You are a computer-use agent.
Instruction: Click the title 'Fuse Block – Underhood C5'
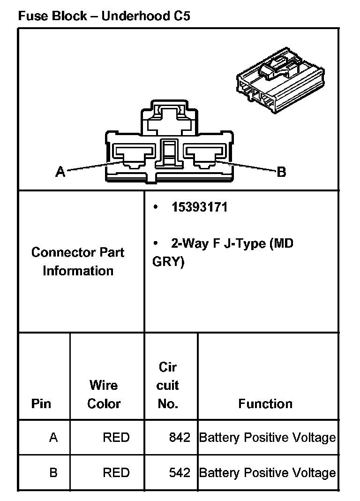click(x=104, y=16)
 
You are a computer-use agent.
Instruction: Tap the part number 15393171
click(x=199, y=207)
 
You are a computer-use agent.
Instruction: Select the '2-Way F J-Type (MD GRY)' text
click(x=223, y=252)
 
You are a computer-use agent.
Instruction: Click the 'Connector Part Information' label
click(x=78, y=261)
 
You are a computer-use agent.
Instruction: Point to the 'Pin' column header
click(x=41, y=403)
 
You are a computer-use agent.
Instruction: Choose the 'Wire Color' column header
click(x=104, y=394)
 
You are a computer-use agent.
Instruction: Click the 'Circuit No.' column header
click(x=167, y=385)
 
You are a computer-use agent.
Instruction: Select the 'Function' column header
click(x=265, y=403)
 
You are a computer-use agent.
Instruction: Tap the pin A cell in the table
click(x=53, y=438)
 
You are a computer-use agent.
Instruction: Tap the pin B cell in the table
click(x=53, y=472)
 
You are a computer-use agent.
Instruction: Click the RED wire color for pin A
click(x=116, y=438)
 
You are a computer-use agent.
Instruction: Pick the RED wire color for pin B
click(x=116, y=472)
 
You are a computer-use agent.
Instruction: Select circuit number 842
click(x=180, y=438)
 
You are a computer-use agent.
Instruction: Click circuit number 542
click(x=180, y=472)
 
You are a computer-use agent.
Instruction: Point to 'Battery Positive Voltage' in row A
click(x=268, y=438)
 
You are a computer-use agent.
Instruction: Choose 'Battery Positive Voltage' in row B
click(x=268, y=472)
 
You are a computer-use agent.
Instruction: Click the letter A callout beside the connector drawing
click(x=60, y=172)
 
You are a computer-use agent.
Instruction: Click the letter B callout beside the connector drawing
click(x=281, y=172)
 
